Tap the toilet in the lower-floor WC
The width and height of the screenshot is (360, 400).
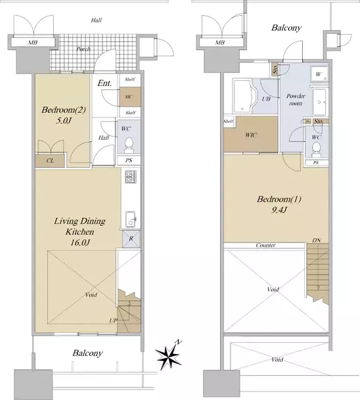[129, 145]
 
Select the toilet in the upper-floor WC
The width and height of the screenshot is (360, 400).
[316, 149]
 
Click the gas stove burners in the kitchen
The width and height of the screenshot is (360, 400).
[131, 177]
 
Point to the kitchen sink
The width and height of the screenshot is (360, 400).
[131, 219]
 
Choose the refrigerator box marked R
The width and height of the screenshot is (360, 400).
[131, 239]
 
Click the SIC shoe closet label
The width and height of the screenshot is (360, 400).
[129, 97]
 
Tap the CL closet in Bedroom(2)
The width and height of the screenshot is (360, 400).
[50, 161]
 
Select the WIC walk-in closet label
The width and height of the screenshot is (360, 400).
[251, 135]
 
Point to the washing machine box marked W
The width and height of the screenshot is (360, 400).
[319, 74]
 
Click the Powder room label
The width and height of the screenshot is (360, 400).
[296, 99]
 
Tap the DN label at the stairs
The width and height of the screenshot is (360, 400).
[317, 240]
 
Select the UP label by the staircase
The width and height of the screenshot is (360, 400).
[113, 321]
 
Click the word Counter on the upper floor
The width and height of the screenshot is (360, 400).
[265, 246]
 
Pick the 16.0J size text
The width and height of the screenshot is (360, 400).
[80, 242]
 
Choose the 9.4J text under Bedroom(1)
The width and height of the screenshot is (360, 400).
[279, 210]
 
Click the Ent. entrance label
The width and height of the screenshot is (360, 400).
[104, 83]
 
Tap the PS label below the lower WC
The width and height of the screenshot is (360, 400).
[129, 160]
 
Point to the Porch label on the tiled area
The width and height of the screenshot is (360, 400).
[83, 49]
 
